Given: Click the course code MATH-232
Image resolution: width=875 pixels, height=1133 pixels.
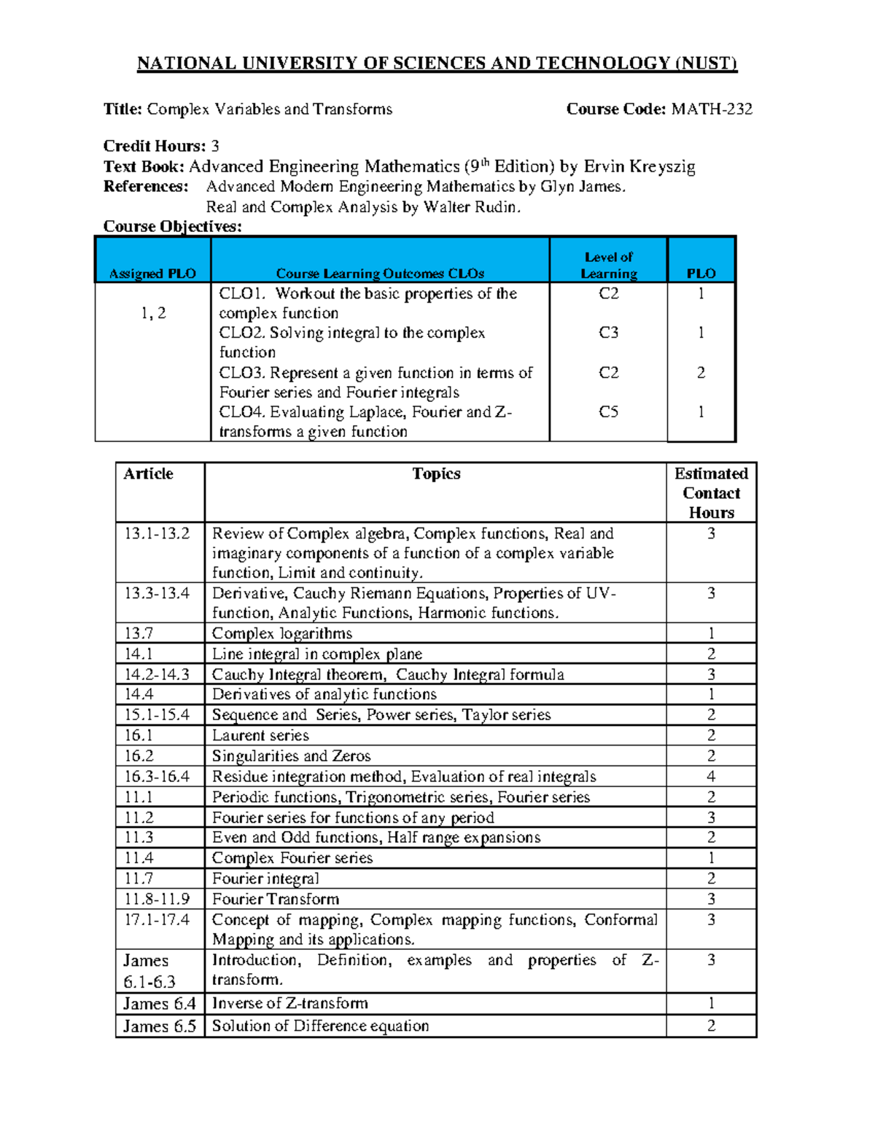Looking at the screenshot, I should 712,109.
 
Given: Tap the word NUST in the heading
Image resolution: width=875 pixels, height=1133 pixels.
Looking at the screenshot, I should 705,63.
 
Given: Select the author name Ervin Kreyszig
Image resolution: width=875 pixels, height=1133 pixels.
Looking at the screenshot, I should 639,167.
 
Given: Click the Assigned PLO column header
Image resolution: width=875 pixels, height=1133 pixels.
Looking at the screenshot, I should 152,274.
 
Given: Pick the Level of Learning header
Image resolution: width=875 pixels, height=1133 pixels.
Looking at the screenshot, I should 609,266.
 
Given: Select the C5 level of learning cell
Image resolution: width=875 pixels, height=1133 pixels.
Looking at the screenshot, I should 609,412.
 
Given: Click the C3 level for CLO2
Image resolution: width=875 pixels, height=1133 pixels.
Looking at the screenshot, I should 609,333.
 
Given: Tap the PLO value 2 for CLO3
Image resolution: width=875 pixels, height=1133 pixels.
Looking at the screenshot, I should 701,373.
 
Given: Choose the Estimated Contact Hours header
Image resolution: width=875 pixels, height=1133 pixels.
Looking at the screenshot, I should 711,493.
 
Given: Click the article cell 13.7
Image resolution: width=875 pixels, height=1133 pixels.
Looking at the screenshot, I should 139,633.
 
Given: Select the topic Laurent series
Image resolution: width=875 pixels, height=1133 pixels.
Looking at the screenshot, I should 260,735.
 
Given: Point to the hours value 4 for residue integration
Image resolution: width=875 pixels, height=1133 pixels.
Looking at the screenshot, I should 711,776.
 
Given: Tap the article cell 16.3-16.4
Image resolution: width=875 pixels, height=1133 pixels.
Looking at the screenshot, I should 157,776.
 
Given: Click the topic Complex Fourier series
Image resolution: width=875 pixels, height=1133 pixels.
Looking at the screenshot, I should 292,858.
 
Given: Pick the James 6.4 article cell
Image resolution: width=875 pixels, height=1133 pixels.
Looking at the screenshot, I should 159,1004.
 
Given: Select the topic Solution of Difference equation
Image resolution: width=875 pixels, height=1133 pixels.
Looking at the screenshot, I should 320,1026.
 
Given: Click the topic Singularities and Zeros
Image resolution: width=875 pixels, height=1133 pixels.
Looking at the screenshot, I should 291,756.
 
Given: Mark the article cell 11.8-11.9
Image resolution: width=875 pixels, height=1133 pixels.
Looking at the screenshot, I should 157,899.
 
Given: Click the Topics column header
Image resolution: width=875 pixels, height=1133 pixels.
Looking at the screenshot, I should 436,474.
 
